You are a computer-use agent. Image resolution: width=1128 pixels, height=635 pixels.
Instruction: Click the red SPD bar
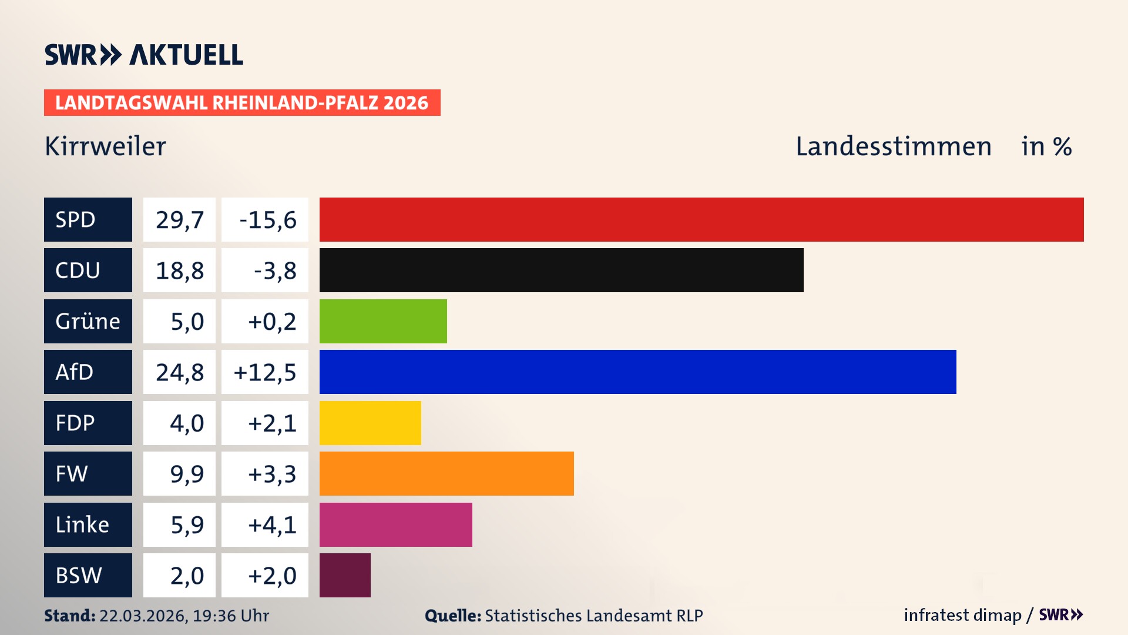(701, 219)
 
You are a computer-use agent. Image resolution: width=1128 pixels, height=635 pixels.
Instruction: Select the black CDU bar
(561, 270)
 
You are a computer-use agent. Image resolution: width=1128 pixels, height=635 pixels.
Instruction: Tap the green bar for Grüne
(383, 321)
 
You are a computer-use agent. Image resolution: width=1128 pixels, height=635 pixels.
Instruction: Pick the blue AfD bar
(637, 372)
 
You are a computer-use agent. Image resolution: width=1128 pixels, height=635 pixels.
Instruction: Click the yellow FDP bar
(370, 423)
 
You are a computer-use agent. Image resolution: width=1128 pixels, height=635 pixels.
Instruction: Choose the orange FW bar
(446, 473)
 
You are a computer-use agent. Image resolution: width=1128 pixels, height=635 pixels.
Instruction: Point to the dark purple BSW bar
(345, 575)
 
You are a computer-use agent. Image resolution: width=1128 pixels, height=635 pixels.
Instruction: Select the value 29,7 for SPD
(179, 219)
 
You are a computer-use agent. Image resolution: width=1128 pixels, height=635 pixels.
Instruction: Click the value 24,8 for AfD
(179, 372)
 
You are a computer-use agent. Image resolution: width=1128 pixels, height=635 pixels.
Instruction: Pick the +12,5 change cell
(265, 372)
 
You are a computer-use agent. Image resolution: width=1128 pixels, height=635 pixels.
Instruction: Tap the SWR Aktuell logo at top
(144, 55)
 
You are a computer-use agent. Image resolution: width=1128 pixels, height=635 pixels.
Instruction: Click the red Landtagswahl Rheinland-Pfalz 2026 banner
(242, 102)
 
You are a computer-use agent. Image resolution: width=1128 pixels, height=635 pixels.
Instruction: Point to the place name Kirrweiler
(106, 146)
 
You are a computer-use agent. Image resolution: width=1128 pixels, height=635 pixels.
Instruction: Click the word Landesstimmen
(893, 146)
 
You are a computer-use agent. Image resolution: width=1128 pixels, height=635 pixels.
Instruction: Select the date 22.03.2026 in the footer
(143, 616)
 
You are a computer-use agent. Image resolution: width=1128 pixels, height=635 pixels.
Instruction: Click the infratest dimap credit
(962, 615)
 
